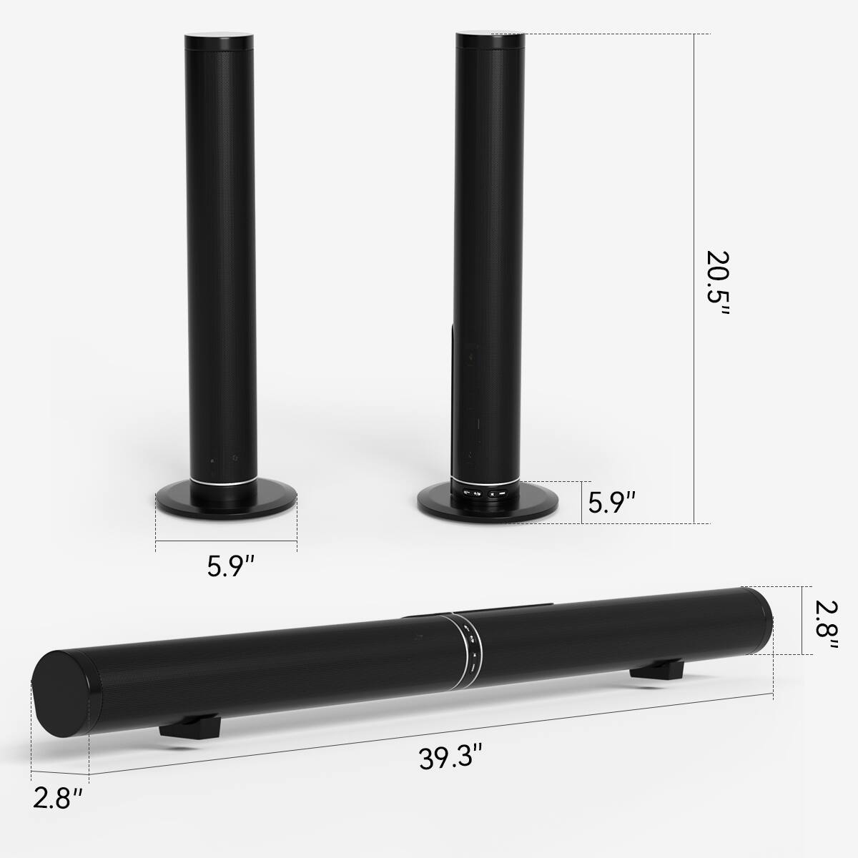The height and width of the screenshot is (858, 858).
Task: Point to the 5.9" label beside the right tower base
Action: pyautogui.click(x=612, y=503)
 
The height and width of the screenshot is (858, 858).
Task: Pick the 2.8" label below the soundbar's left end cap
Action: pyautogui.click(x=57, y=818)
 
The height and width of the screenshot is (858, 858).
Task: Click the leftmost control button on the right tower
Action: pyautogui.click(x=467, y=493)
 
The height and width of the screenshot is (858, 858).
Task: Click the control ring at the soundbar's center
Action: pyautogui.click(x=472, y=640)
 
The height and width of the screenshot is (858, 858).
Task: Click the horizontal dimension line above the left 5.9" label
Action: pyautogui.click(x=226, y=541)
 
